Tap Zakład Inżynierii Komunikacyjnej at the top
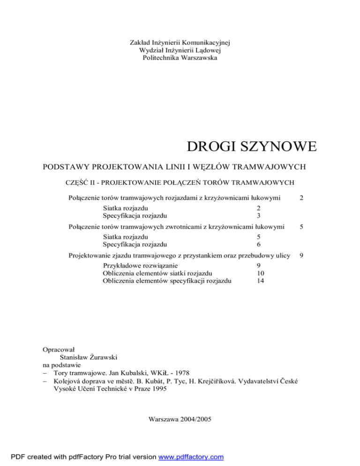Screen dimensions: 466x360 180,43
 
